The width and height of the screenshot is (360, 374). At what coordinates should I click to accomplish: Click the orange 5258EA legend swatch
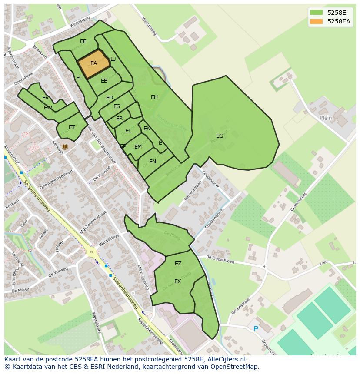point(316,21)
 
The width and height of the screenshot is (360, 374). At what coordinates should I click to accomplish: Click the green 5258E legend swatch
point(316,13)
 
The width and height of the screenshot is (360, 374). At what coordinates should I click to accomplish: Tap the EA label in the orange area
point(93,63)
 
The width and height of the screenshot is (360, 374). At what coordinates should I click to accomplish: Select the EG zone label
point(220,136)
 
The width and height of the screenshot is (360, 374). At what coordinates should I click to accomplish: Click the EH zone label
point(154,97)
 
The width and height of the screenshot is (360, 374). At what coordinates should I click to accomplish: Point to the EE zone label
point(83,41)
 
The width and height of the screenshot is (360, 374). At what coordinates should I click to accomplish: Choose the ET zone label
point(72,127)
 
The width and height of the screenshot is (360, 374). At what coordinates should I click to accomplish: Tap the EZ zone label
point(178,264)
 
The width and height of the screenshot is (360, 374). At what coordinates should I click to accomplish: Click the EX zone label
point(177,281)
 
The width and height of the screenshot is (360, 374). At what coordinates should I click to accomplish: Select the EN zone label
point(153,162)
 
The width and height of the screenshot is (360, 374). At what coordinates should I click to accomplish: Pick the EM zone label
point(138,147)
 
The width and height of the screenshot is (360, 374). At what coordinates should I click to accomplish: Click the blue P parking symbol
point(256,329)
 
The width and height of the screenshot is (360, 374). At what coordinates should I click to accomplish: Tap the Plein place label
point(326,118)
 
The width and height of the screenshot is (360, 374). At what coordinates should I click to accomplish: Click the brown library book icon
point(65,147)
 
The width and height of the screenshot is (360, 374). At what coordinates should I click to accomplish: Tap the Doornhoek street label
point(23,79)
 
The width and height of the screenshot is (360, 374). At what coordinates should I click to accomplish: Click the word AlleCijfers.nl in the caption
point(226,359)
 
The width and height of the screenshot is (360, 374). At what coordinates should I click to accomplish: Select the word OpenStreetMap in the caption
point(234,367)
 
